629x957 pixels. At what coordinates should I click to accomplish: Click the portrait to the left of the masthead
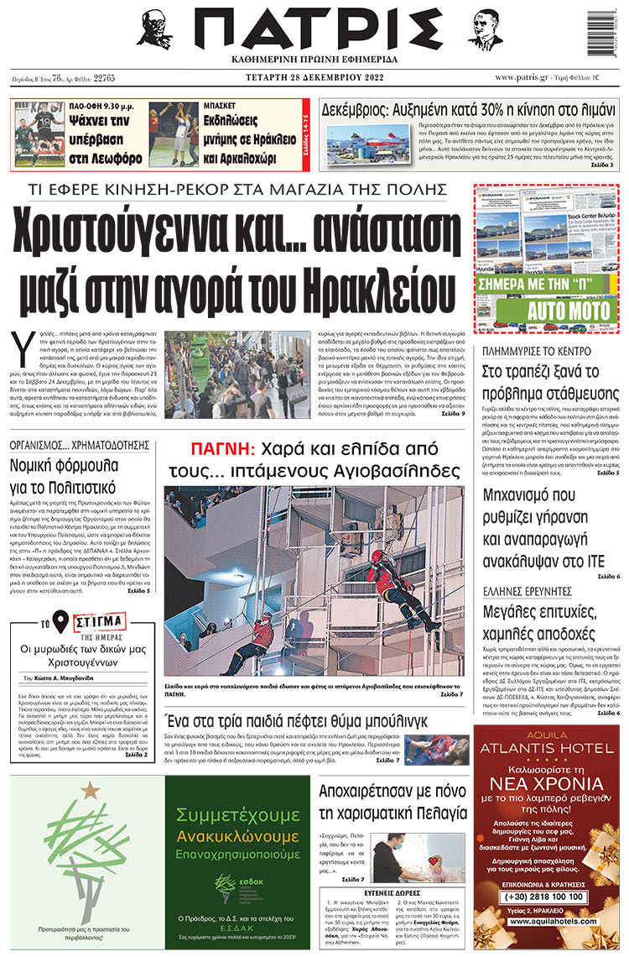(x=160, y=29)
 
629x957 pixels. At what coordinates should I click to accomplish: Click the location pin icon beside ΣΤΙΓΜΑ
(x=60, y=621)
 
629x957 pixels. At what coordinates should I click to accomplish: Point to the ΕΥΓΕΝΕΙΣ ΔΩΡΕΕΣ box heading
(x=392, y=870)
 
